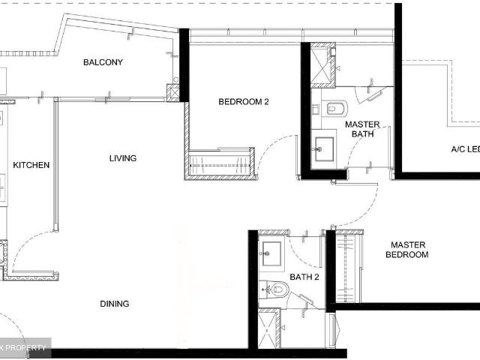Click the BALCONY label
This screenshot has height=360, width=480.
(x=103, y=62)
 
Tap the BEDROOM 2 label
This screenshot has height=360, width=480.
(x=244, y=102)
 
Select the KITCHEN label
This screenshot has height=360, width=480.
(x=31, y=165)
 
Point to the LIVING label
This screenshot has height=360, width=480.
(x=122, y=158)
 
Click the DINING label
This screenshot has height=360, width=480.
(x=115, y=304)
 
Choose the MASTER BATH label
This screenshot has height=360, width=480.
(x=363, y=129)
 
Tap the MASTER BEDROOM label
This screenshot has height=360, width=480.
(x=407, y=250)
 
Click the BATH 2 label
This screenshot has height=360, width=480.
(x=305, y=277)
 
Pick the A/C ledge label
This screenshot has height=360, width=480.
(x=464, y=149)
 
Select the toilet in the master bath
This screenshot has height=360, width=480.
(x=334, y=106)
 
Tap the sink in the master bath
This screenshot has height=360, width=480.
(x=325, y=145)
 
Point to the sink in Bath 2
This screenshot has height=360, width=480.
(x=271, y=251)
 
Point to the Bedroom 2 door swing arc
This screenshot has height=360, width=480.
(x=274, y=154)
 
